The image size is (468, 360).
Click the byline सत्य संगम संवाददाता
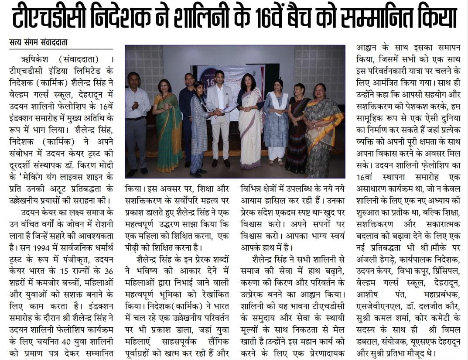pos(38,43)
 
